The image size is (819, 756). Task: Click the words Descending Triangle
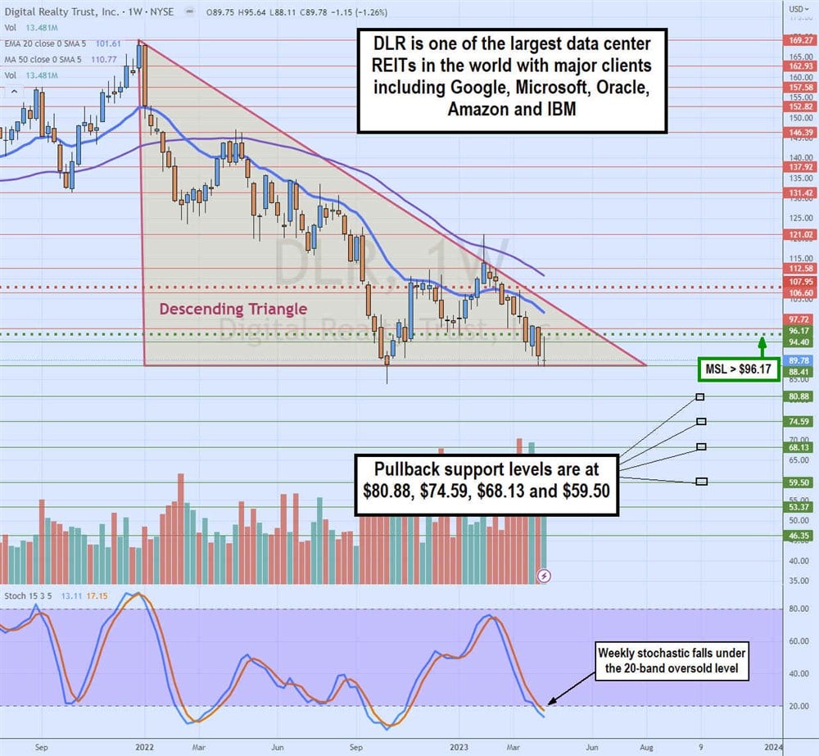tap(233, 309)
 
